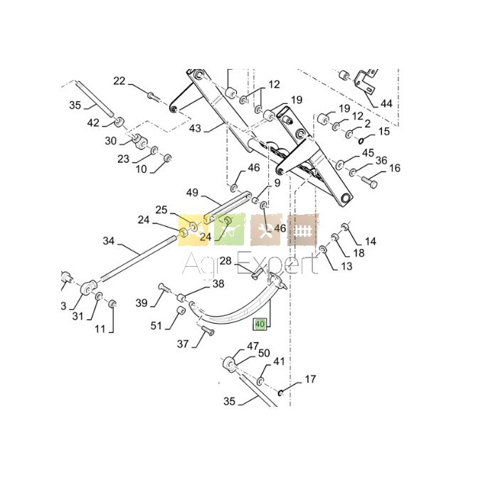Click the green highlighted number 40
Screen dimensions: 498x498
pyautogui.click(x=260, y=324)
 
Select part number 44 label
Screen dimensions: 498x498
pyautogui.click(x=386, y=104)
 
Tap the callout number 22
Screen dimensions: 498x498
pyautogui.click(x=120, y=81)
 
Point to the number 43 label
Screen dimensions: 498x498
pyautogui.click(x=195, y=128)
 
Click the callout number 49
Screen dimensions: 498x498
pyautogui.click(x=192, y=193)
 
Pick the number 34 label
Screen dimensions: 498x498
pyautogui.click(x=108, y=241)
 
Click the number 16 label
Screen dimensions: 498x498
pyautogui.click(x=394, y=168)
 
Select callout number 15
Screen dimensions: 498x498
pyautogui.click(x=384, y=131)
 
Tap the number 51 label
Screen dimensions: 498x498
pyautogui.click(x=156, y=326)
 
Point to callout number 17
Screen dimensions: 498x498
pyautogui.click(x=310, y=379)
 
